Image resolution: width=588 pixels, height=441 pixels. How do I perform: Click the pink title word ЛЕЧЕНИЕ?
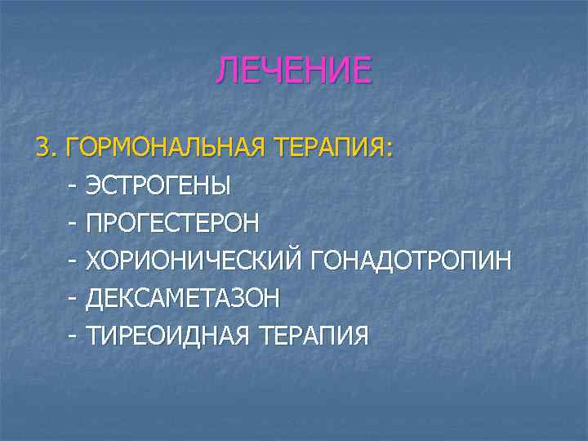point(293,71)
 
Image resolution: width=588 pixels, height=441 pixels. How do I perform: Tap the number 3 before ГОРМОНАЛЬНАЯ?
point(41,148)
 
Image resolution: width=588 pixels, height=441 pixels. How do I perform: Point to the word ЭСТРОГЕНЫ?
point(158,185)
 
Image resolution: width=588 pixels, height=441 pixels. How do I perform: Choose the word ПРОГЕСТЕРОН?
point(172,223)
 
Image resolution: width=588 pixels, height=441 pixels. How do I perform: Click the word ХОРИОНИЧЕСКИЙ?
point(197,261)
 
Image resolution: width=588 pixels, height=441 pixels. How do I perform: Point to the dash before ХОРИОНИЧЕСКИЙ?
point(73,261)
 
